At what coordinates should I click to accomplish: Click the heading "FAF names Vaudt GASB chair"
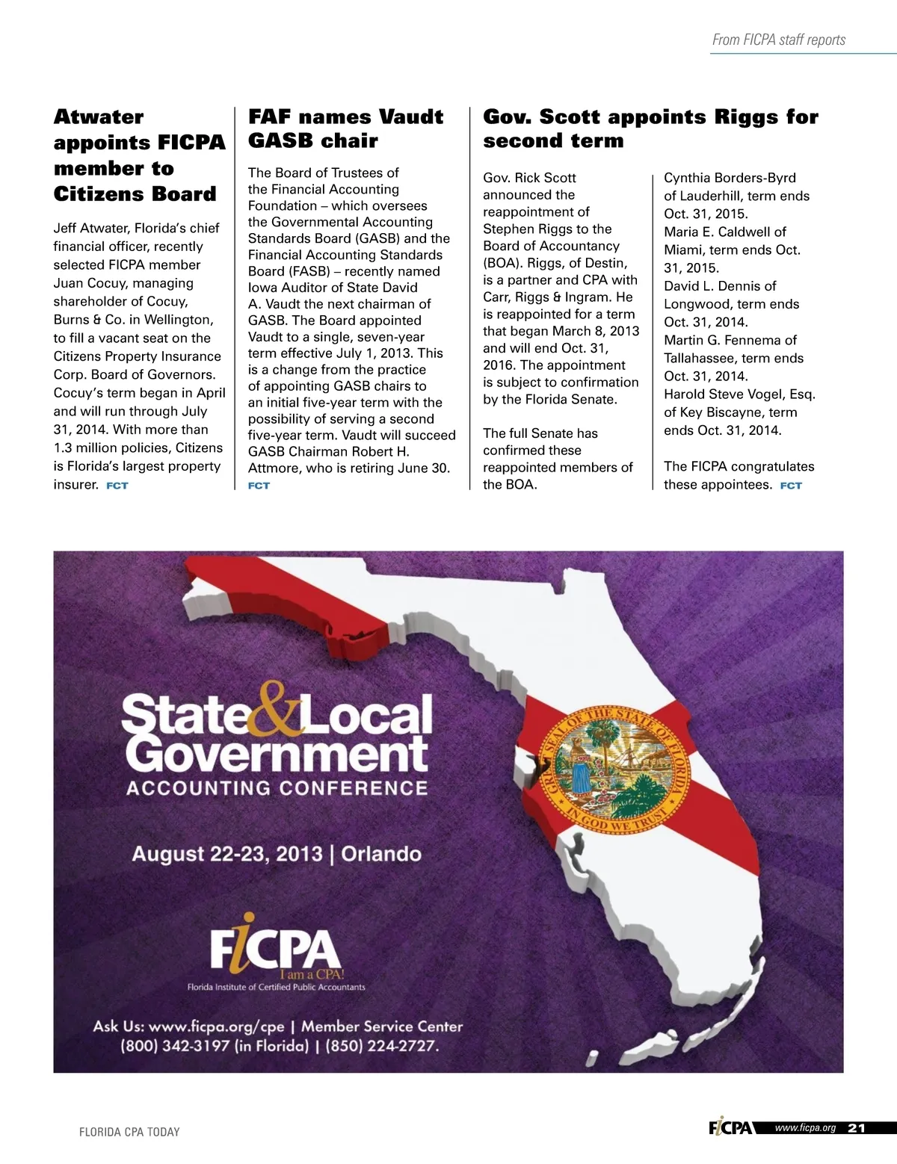[x=345, y=129]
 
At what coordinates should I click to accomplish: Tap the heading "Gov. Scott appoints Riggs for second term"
[x=650, y=129]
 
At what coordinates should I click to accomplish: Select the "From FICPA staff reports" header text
[x=778, y=40]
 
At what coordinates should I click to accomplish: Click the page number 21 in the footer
[x=857, y=1128]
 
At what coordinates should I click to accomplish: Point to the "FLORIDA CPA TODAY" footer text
[x=129, y=1132]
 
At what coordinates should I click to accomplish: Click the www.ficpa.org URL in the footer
[x=804, y=1128]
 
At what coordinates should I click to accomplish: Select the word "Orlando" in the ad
[x=381, y=854]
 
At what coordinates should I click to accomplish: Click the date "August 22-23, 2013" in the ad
[x=227, y=854]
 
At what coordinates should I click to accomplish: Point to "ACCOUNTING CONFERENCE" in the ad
[x=277, y=788]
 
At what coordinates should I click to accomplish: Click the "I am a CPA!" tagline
[x=311, y=974]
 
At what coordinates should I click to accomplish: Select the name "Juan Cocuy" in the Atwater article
[x=87, y=283]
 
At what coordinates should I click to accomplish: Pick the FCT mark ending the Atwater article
[x=117, y=486]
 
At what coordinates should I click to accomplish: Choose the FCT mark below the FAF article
[x=259, y=486]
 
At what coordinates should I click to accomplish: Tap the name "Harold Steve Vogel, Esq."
[x=739, y=394]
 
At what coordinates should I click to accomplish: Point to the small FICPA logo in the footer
[x=730, y=1128]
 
